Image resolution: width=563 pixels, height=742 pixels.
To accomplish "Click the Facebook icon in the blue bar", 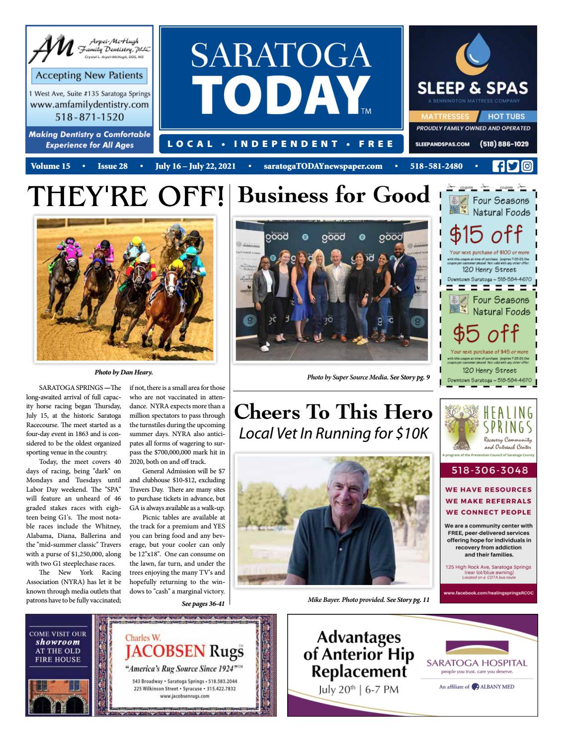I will pos(497,166).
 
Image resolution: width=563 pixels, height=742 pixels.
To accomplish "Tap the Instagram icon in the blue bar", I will pos(526,166).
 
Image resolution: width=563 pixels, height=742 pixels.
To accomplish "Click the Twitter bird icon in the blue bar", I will pos(512,166).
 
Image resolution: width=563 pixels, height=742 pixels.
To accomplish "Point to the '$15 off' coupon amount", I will pos(485,234).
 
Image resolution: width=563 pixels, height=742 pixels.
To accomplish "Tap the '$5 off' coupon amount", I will pos(485,333).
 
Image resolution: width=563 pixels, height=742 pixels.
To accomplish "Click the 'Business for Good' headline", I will pos(333,195).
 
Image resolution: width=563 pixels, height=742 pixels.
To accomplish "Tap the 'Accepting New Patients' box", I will pos(89,75).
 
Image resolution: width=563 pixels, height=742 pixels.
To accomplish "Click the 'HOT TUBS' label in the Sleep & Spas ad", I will pos(506,116).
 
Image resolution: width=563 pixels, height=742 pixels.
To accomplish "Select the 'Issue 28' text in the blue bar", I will pos(112,166).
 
